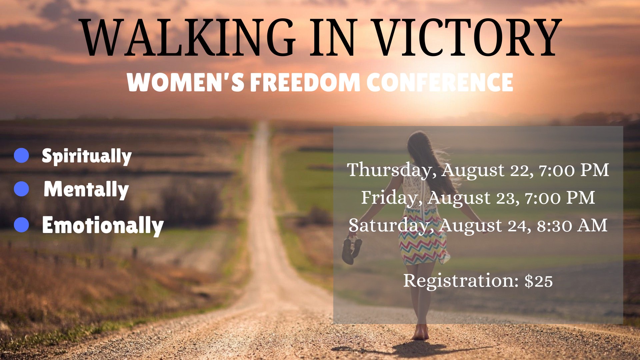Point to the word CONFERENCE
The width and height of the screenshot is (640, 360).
440,82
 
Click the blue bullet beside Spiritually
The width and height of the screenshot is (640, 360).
22,155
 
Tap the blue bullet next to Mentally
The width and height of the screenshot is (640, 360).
22,189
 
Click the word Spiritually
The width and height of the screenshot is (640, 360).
87,156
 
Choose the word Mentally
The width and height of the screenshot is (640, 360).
86,190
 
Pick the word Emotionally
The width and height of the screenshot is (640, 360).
103,226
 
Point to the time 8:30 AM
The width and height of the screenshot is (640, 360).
572,226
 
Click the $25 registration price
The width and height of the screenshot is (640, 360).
539,281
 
